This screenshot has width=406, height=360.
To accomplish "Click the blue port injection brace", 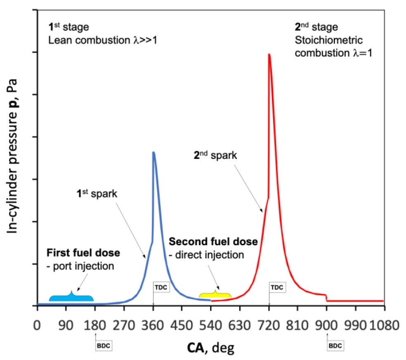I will tap(71, 298).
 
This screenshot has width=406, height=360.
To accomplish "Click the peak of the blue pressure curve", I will tap(153, 152).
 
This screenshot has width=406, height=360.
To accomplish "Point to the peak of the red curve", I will tap(269, 54).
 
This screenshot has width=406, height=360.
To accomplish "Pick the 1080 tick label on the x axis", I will tap(385, 324).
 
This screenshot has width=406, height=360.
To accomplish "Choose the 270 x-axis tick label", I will tap(124, 324).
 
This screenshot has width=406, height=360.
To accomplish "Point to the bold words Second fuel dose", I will tap(214, 242).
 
